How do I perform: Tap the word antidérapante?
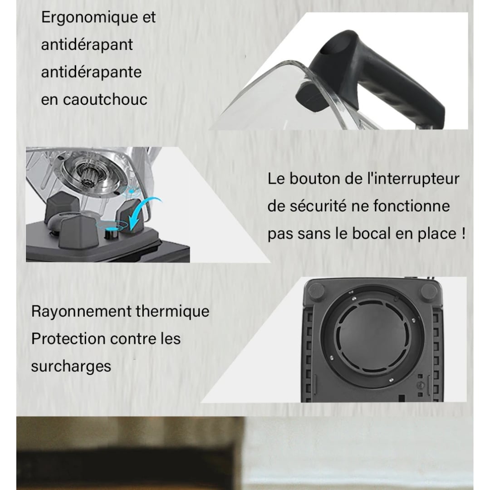tap(91, 72)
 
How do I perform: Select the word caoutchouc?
tap(105, 100)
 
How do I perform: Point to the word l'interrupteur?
tap(412, 178)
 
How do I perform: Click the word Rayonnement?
tap(81, 312)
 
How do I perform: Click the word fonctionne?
tap(412, 206)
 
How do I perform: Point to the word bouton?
tap(314, 178)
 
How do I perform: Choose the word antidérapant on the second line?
tap(87, 45)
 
